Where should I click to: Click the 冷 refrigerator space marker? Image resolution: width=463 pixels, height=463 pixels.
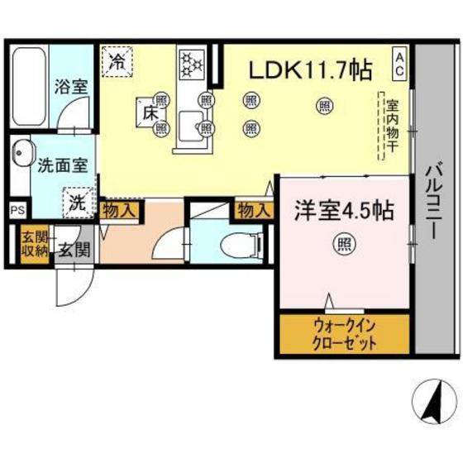[x=118, y=61]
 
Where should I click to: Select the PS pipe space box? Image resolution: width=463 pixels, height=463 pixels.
[x=17, y=210]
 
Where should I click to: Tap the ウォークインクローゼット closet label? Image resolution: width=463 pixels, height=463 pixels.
[x=344, y=332]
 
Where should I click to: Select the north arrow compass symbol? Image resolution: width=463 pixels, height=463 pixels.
[x=431, y=403]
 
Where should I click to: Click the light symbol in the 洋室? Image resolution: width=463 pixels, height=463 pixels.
[x=340, y=244]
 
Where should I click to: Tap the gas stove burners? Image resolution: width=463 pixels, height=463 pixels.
[x=191, y=62]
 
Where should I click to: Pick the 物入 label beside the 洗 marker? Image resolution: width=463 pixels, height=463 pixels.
[x=118, y=210]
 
